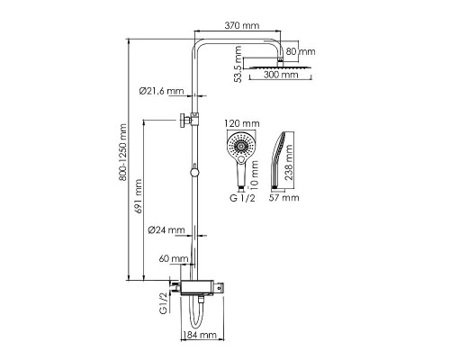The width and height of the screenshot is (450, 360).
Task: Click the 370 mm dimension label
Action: (x=242, y=25)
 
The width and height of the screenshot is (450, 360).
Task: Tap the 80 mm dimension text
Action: (x=301, y=51)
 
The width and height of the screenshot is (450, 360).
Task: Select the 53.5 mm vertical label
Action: (x=238, y=64)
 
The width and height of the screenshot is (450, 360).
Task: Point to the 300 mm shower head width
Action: (x=281, y=75)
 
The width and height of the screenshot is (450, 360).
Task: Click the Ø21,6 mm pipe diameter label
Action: (x=161, y=91)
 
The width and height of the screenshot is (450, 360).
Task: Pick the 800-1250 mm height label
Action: (x=122, y=152)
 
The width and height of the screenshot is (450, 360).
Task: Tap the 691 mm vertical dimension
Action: (x=138, y=196)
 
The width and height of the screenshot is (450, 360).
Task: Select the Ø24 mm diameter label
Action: (x=166, y=230)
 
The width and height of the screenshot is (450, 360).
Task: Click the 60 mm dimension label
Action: (x=174, y=258)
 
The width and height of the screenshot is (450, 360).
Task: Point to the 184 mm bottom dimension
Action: (x=200, y=335)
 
